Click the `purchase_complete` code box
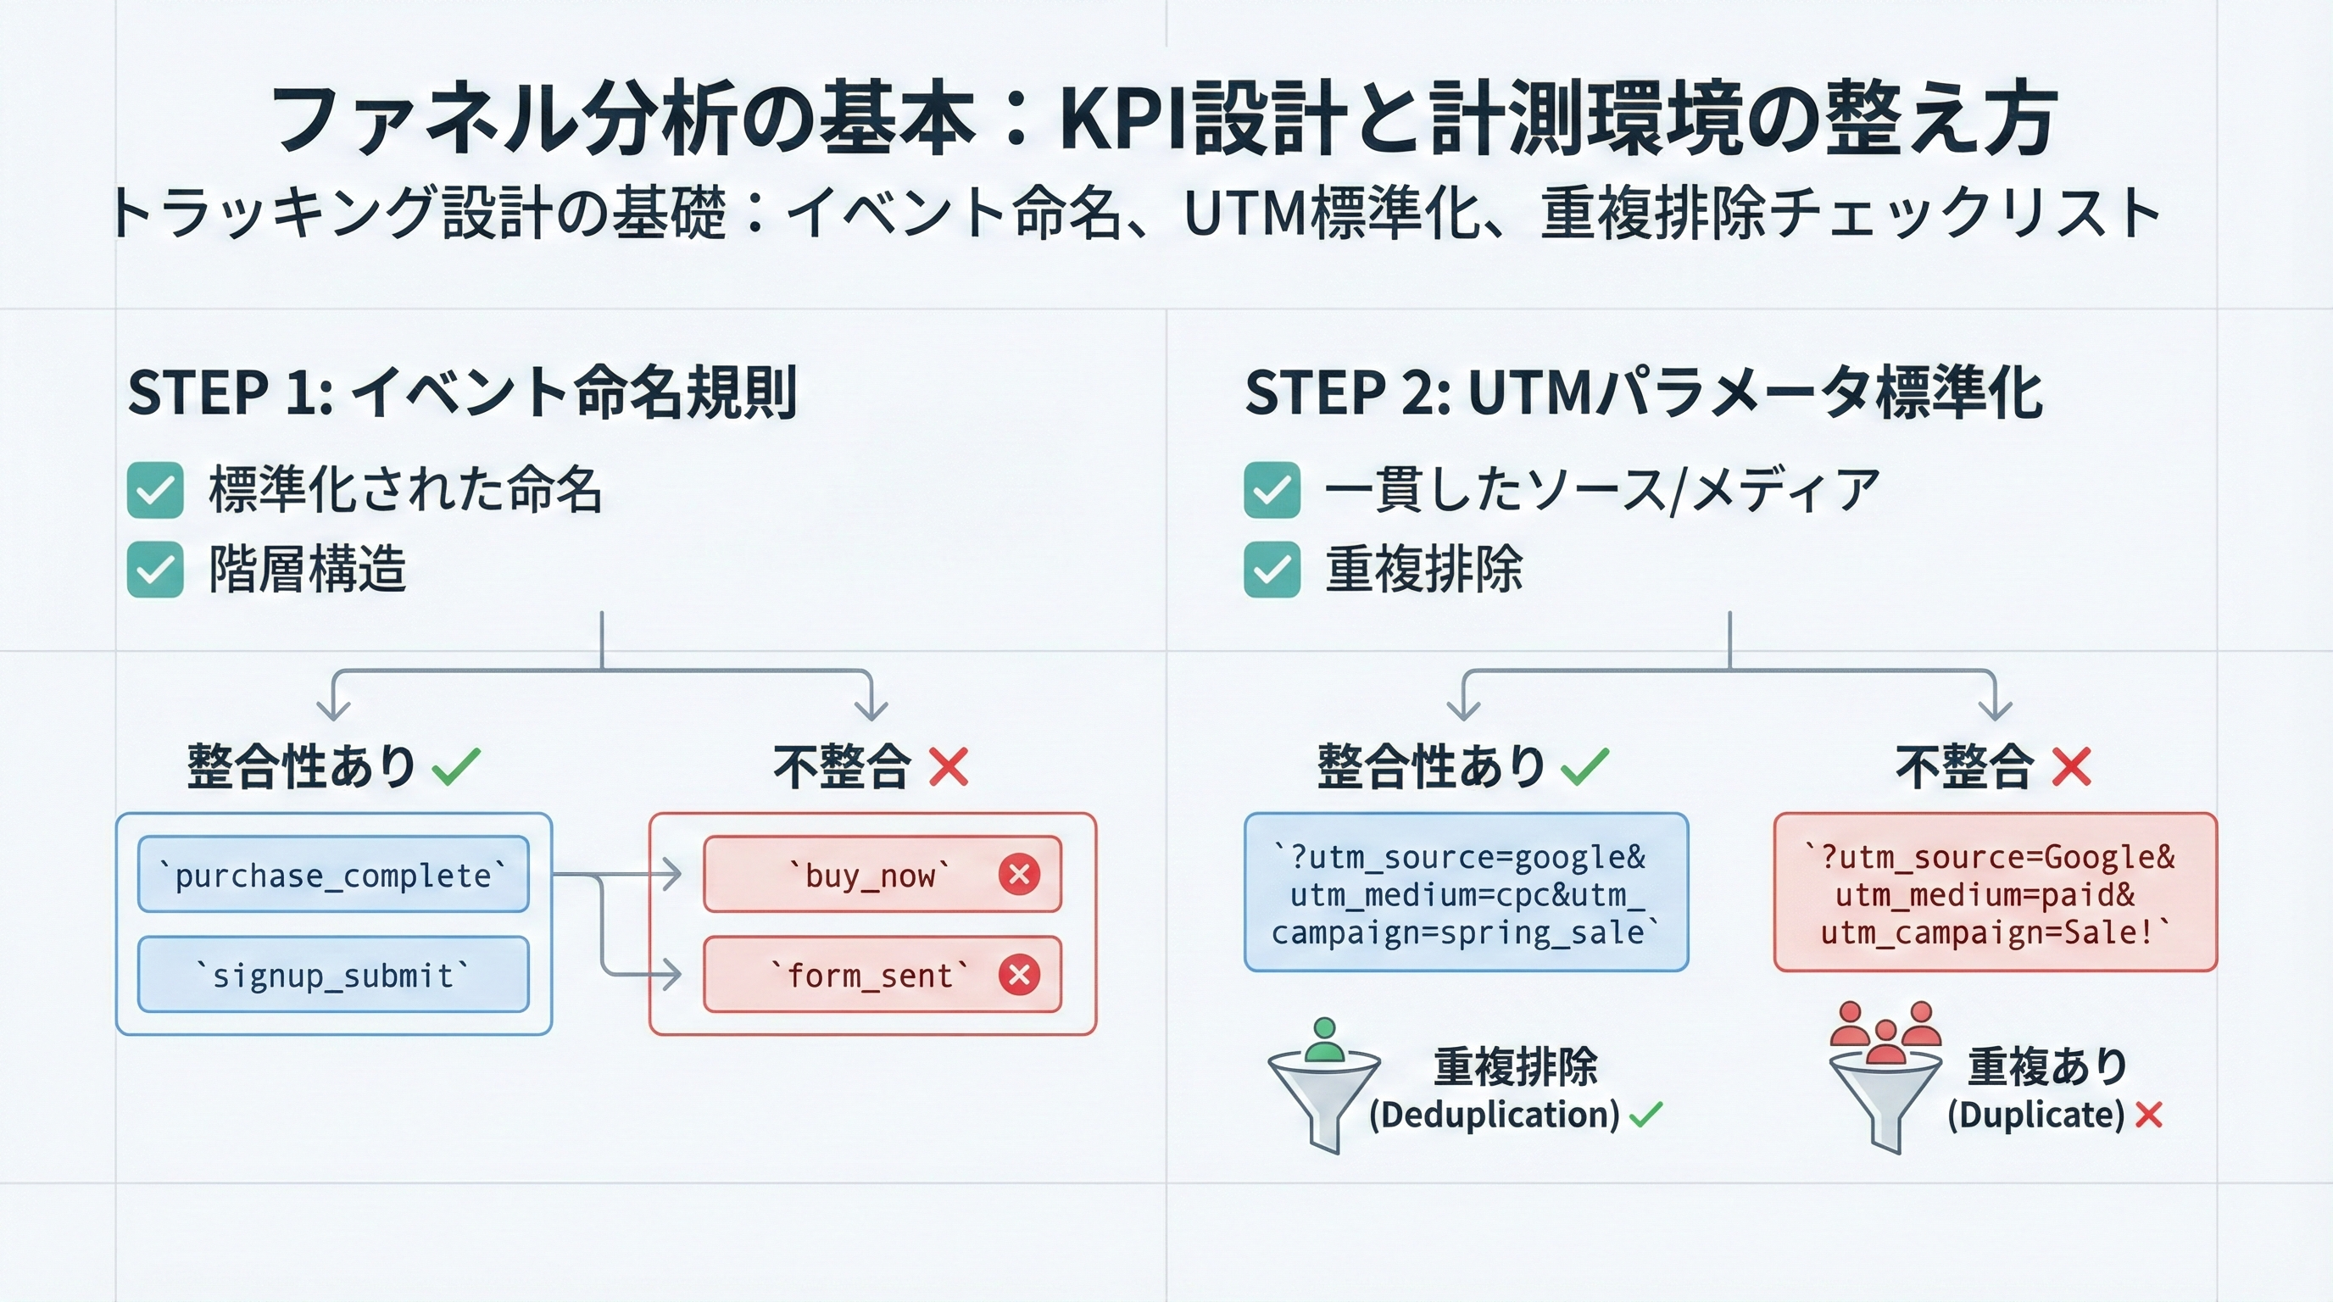[332, 875]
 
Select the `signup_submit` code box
[332, 975]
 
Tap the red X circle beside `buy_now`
[1019, 875]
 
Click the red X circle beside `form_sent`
[1019, 975]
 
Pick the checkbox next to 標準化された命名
[155, 490]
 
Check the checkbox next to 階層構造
[155, 570]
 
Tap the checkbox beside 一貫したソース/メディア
[1272, 490]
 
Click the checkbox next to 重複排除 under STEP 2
[1272, 570]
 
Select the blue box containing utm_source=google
[1466, 893]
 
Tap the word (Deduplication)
[1494, 1115]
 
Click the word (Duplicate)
[2035, 1115]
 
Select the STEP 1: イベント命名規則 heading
[462, 393]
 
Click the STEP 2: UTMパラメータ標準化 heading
[1643, 393]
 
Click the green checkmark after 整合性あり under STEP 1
[455, 766]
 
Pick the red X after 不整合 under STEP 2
[2071, 766]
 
